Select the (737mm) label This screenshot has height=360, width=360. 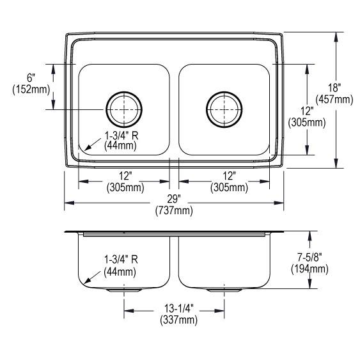pyautogui.click(x=173, y=210)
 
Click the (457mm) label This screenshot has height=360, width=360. pyautogui.click(x=338, y=99)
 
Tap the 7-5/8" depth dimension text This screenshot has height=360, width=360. pyautogui.click(x=314, y=258)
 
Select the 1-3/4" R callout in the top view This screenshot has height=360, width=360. pyautogui.click(x=121, y=136)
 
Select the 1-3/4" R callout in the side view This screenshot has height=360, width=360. pyautogui.click(x=121, y=260)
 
